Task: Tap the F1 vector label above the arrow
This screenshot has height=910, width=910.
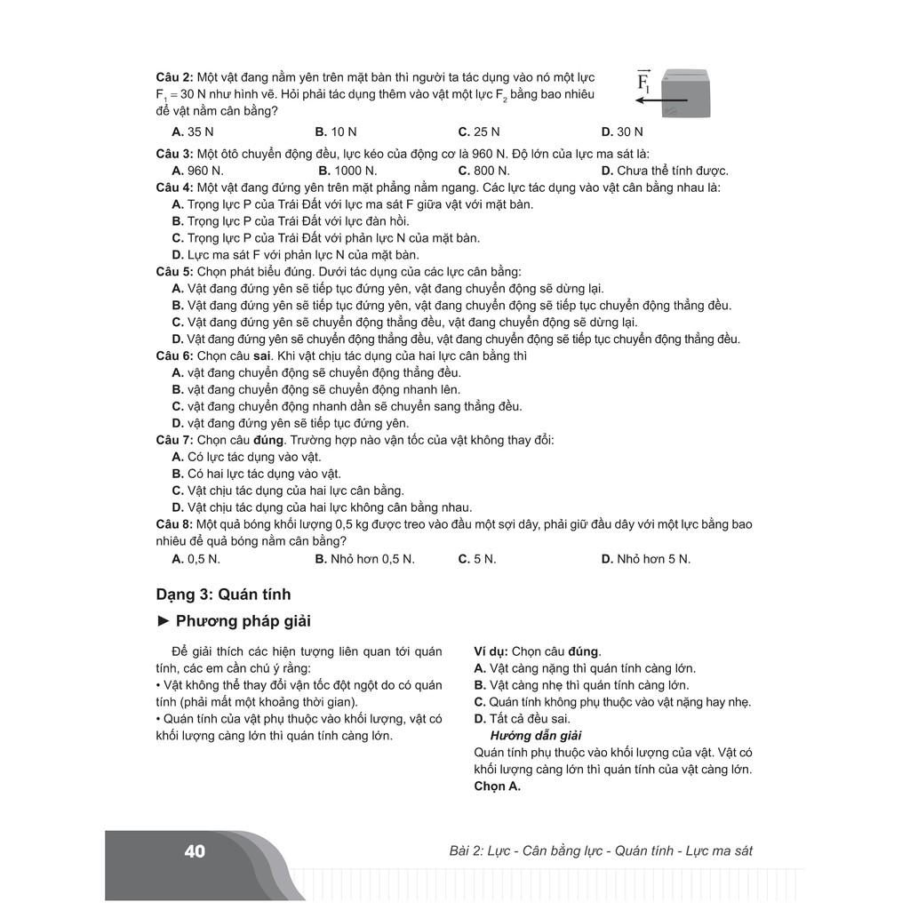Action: [x=644, y=82]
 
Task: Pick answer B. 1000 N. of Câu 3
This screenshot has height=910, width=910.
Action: [x=347, y=171]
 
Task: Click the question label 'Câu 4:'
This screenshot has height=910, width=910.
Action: [x=174, y=188]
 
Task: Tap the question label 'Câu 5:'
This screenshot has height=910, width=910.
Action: [x=174, y=272]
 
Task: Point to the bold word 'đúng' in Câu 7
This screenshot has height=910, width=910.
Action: [x=268, y=440]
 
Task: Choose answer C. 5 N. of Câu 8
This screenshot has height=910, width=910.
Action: [x=477, y=559]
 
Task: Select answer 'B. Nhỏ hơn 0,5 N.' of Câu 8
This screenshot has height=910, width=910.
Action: [x=364, y=559]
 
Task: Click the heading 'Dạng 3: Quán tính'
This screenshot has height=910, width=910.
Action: [x=223, y=595]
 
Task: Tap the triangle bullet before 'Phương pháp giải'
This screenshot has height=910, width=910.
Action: [x=163, y=621]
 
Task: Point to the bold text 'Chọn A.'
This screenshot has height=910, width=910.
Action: [x=497, y=786]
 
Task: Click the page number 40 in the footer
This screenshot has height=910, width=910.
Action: [x=195, y=851]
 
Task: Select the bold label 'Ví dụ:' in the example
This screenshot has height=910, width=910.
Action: [x=491, y=651]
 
